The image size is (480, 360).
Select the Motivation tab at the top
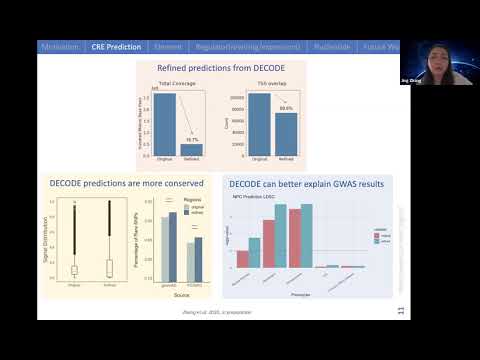click(x=60, y=47)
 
